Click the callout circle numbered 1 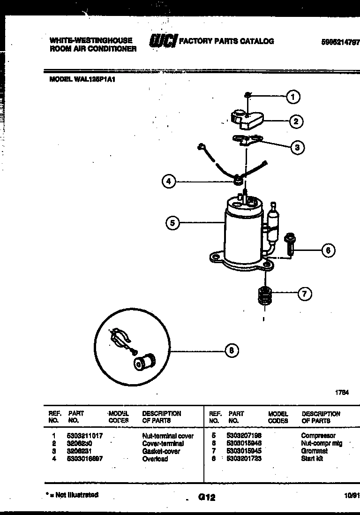tap(293, 97)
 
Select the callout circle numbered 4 tap(169, 181)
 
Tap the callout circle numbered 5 tap(172, 223)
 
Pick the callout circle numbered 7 tap(304, 294)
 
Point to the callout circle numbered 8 tap(232, 350)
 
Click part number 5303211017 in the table tap(85, 436)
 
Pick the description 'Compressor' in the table tap(318, 436)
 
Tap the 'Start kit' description tap(312, 459)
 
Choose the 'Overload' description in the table tap(155, 459)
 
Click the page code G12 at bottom tap(206, 497)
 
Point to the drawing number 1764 tap(342, 393)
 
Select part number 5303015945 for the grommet tap(244, 451)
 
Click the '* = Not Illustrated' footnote tap(73, 495)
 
